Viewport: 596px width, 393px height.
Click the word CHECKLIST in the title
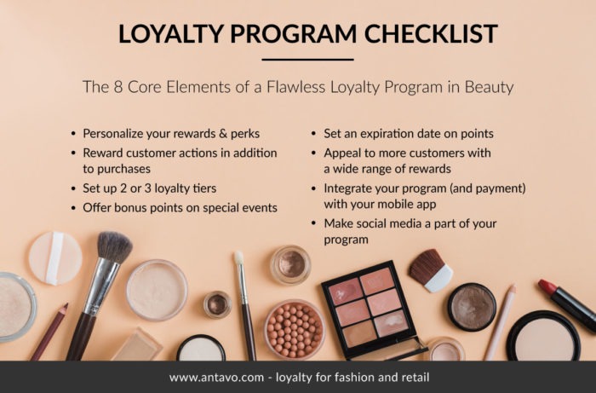tap(431, 33)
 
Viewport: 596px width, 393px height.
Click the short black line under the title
tap(307, 60)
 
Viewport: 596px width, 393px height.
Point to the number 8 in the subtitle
tap(117, 87)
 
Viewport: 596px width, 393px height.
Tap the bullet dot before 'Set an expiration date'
tap(313, 134)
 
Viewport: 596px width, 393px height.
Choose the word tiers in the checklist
tap(203, 188)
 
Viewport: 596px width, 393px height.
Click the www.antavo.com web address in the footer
tap(216, 378)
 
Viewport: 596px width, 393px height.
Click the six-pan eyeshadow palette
tap(369, 308)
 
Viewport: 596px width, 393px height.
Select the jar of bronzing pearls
tap(295, 330)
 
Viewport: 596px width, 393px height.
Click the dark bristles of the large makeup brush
tap(114, 246)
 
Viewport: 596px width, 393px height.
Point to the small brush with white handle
tap(431, 270)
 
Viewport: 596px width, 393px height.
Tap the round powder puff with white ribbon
tap(55, 258)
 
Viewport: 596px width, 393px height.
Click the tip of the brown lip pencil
tap(66, 307)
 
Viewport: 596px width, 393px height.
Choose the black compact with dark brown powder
tap(472, 307)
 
